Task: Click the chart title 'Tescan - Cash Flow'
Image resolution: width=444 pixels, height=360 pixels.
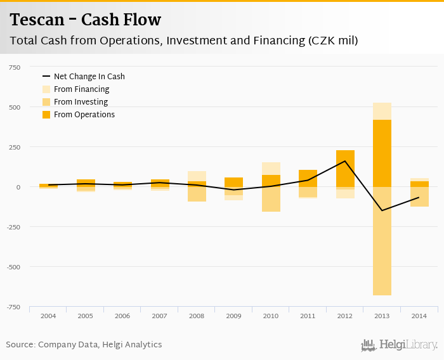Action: (85, 20)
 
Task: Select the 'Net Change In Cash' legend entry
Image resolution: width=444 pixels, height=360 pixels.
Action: (89, 77)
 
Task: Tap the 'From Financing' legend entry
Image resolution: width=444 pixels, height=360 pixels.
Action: (81, 89)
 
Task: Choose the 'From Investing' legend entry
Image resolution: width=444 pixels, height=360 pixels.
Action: (81, 102)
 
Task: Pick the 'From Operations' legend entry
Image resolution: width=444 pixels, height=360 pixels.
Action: (84, 115)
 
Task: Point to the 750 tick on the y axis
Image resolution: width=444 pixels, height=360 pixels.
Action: (13, 67)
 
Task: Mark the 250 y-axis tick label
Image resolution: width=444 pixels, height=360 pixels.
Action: (13, 147)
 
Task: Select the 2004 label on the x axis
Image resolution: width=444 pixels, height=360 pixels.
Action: (48, 316)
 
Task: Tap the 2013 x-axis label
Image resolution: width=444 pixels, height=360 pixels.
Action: (382, 316)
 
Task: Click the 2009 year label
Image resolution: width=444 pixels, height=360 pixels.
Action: (233, 316)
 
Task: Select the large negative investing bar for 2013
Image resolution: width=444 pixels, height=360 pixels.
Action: (382, 241)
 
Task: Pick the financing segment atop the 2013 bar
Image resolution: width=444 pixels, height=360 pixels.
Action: (382, 111)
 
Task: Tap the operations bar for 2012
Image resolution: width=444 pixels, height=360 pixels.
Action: (345, 169)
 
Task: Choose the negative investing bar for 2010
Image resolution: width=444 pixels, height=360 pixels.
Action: (271, 199)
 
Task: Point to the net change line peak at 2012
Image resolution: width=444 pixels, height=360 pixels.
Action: (345, 161)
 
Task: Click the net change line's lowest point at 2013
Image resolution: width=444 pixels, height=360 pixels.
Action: (382, 210)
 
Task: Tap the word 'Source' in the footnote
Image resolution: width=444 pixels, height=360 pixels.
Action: (20, 345)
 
